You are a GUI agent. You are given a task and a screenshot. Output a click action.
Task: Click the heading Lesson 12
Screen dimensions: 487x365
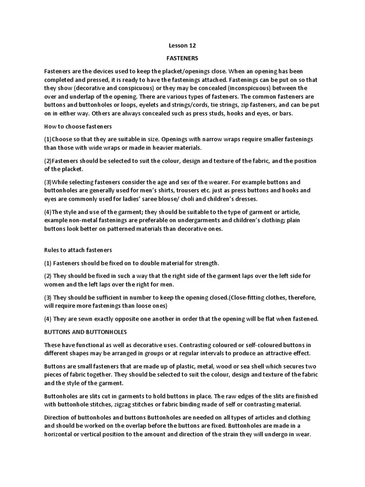coord(182,46)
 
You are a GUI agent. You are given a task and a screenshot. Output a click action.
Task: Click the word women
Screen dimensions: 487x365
coord(56,284)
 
